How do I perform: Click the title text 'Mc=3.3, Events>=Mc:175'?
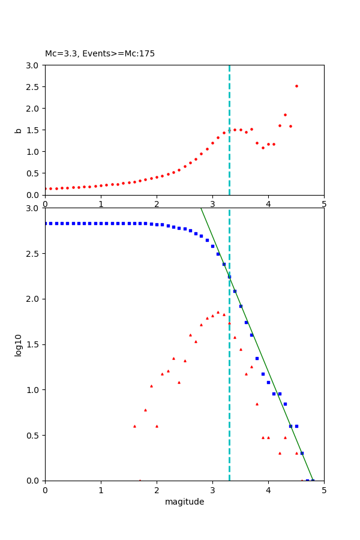pos(100,54)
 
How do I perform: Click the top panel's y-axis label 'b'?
pos(19,130)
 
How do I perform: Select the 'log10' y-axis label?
pos(19,344)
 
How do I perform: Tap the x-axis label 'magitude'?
pos(184,502)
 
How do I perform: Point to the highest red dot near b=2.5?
pos(296,86)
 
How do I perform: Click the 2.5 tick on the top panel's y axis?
pos(34,87)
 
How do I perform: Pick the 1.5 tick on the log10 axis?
pos(34,344)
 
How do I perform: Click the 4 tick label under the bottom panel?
pos(268,490)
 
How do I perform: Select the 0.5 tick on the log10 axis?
pos(34,436)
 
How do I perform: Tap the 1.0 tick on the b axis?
pos(34,152)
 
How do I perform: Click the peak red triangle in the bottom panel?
pos(218,313)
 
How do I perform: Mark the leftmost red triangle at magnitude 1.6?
pos(134,426)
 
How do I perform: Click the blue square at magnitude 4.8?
pos(313,480)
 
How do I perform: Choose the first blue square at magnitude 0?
pos(46,223)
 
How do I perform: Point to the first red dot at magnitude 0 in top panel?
pos(46,188)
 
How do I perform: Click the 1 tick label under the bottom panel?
pos(101,490)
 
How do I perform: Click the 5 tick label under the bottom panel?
pos(324,490)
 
